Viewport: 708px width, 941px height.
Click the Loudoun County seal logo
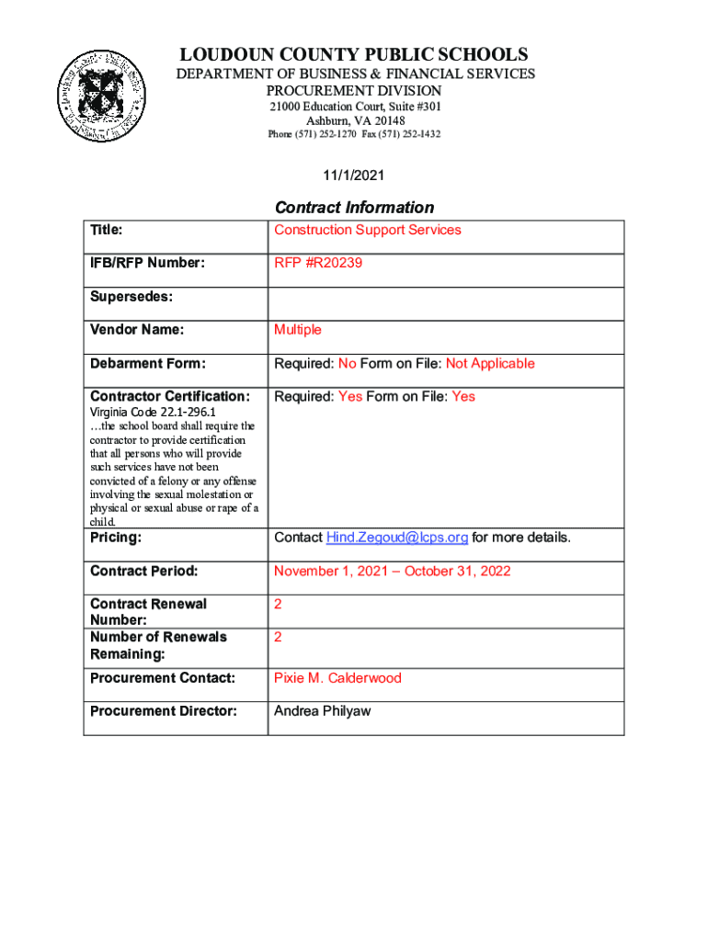click(101, 93)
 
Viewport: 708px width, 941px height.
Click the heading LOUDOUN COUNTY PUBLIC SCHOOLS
click(354, 55)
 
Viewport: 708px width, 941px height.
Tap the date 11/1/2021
click(354, 175)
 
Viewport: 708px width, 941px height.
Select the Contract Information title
click(354, 208)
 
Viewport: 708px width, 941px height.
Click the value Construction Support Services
click(367, 230)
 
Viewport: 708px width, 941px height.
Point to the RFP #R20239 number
click(318, 263)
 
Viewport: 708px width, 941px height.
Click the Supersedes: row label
click(131, 297)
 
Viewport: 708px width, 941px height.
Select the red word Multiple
click(298, 330)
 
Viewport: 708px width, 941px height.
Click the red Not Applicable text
click(490, 364)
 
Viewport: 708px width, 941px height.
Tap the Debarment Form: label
click(146, 364)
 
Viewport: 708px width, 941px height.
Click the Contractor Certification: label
click(170, 397)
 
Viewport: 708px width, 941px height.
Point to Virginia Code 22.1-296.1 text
click(152, 413)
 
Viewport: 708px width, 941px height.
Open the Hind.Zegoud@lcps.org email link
click(396, 538)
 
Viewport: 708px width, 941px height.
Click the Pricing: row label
click(116, 538)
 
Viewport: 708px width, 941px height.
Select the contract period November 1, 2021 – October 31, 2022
click(392, 572)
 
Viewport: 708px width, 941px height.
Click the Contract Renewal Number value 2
click(278, 605)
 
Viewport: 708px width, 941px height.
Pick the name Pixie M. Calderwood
click(337, 678)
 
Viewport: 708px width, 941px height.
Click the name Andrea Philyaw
click(322, 711)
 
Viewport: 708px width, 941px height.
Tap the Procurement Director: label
click(164, 711)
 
